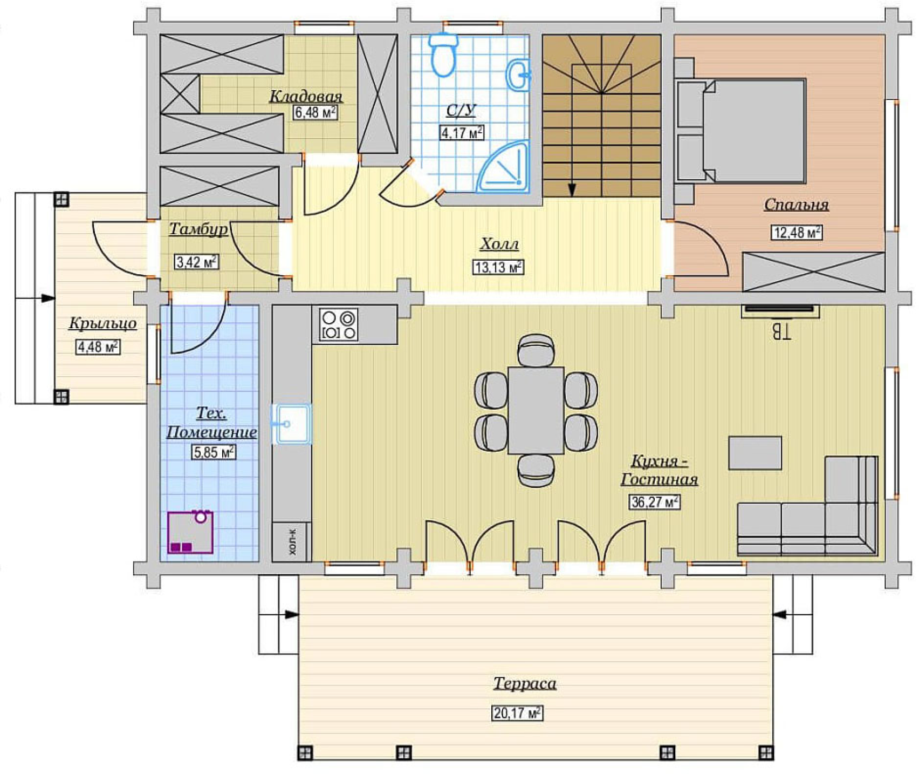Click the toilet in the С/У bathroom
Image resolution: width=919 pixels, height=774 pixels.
tap(444, 54)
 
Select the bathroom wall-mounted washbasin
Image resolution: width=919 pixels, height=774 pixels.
tap(518, 74)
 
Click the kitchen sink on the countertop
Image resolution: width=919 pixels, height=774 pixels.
tap(291, 424)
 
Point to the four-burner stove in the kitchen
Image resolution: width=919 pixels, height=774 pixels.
tap(339, 324)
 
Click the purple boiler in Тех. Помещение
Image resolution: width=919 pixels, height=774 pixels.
tap(190, 532)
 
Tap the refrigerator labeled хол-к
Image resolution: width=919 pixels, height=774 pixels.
tap(292, 541)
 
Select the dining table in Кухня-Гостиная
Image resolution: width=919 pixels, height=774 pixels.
tap(536, 410)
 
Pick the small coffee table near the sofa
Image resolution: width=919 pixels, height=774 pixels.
tap(755, 453)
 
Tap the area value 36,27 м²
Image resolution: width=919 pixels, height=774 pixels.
tap(654, 502)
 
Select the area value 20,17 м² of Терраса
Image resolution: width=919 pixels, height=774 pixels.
tap(517, 713)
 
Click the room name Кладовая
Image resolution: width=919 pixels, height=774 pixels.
tap(306, 97)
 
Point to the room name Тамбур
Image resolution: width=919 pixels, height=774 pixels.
tap(198, 229)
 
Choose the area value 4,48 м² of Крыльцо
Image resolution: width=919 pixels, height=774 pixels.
tap(98, 347)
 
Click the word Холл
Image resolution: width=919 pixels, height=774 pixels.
tap(499, 245)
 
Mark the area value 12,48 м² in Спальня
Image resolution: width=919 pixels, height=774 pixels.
tap(797, 233)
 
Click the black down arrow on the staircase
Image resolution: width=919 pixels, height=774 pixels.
tap(572, 189)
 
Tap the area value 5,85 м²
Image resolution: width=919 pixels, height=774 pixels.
tap(214, 452)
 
